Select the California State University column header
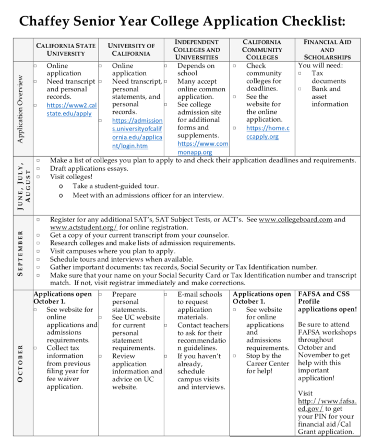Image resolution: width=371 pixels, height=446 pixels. (66, 50)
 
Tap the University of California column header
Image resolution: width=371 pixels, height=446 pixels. (131, 50)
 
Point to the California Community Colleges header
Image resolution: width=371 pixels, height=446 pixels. (262, 49)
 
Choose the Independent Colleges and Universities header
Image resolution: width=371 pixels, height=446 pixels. (197, 49)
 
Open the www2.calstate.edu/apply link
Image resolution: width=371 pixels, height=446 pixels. (71, 109)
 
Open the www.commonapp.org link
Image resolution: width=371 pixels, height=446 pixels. (202, 147)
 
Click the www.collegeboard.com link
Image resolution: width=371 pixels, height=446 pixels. (295, 219)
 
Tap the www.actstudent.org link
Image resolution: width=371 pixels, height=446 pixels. (83, 227)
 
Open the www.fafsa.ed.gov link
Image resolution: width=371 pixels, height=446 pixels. (327, 405)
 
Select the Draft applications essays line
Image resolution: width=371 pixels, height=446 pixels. (89, 169)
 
